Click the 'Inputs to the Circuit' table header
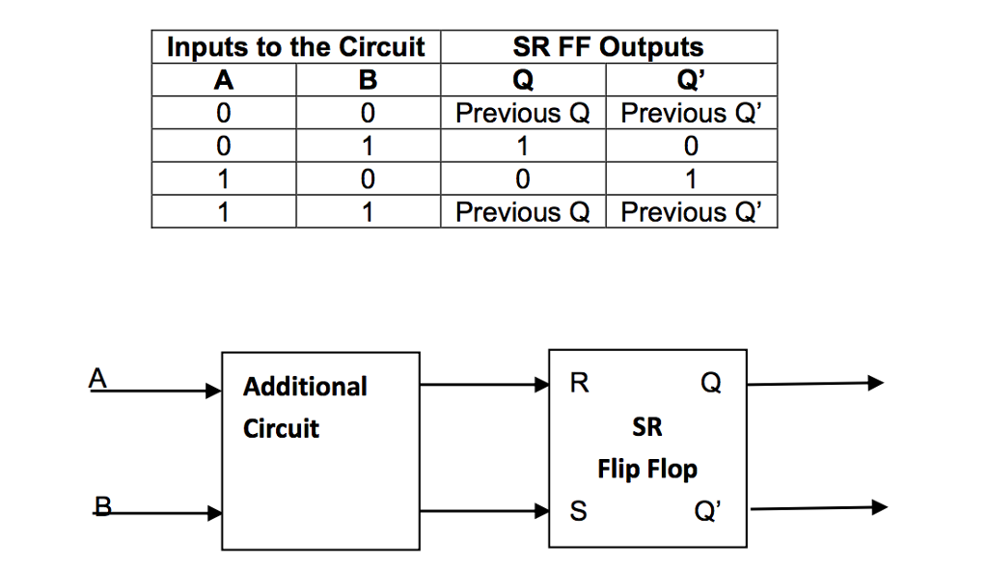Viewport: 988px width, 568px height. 295,47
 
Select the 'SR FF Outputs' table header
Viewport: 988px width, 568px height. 608,47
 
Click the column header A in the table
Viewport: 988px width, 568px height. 223,80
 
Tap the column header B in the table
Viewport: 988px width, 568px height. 368,80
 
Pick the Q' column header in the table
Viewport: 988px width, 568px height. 692,80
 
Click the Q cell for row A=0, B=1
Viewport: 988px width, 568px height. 523,147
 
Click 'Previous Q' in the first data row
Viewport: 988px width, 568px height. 523,114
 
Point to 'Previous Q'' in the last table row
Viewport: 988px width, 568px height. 692,212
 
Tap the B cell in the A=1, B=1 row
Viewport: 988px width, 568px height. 368,212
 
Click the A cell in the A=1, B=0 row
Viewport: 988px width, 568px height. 223,179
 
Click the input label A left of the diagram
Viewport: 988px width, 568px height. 96,379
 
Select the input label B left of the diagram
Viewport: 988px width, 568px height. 103,502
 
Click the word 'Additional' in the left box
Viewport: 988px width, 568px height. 305,387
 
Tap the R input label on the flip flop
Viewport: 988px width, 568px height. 577,384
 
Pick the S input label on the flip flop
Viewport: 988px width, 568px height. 577,512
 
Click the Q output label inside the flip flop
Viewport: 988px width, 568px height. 710,384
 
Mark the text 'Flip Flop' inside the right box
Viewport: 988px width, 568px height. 647,470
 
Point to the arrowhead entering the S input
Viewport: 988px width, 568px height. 541,512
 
